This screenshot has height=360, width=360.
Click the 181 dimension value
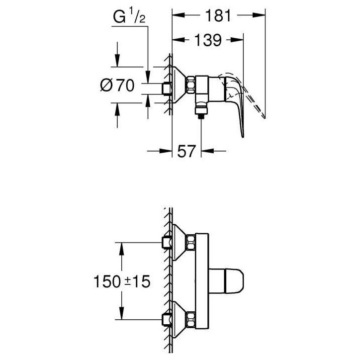(218, 16)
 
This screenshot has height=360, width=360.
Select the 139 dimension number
(208, 40)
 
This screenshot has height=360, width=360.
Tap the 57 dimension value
(186, 151)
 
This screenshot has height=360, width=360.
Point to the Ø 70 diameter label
(117, 85)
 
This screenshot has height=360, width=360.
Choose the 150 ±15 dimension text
(122, 281)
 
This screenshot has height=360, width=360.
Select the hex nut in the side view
(190, 85)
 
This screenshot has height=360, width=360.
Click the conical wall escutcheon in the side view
(178, 85)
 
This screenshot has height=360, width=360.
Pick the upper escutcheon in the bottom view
(180, 243)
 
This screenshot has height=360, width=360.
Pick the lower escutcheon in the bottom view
(180, 319)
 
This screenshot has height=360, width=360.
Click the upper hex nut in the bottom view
(191, 243)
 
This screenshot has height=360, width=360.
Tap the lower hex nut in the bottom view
(191, 319)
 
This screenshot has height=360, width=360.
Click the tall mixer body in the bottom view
(202, 281)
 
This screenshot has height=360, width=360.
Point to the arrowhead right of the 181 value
(259, 15)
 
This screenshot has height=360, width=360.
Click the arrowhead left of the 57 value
(166, 151)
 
